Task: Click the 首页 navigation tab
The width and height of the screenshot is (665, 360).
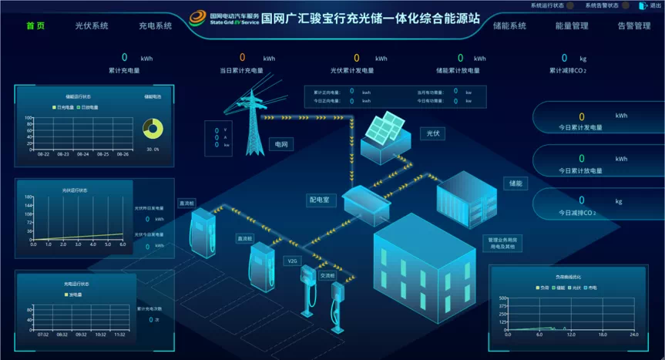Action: click(x=35, y=25)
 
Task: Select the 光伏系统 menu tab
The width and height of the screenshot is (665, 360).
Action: click(x=92, y=25)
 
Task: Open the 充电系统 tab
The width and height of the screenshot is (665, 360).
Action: click(x=156, y=25)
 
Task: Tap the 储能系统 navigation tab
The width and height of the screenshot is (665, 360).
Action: click(x=509, y=25)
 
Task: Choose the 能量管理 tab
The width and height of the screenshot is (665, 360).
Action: click(x=572, y=25)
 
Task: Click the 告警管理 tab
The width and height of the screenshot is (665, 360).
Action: click(x=634, y=25)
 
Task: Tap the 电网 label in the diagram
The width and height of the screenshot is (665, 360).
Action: click(x=283, y=144)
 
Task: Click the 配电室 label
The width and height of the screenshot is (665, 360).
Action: click(x=319, y=200)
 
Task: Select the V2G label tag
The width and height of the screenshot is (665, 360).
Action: click(x=293, y=261)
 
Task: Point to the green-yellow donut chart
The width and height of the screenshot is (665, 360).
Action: click(x=153, y=129)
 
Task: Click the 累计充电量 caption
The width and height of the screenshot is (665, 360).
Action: click(x=124, y=70)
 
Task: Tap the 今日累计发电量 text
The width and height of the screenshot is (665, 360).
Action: click(x=581, y=127)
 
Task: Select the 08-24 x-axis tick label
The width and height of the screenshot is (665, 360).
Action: click(x=82, y=154)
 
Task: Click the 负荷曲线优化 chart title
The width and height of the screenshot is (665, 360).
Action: click(x=565, y=275)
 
